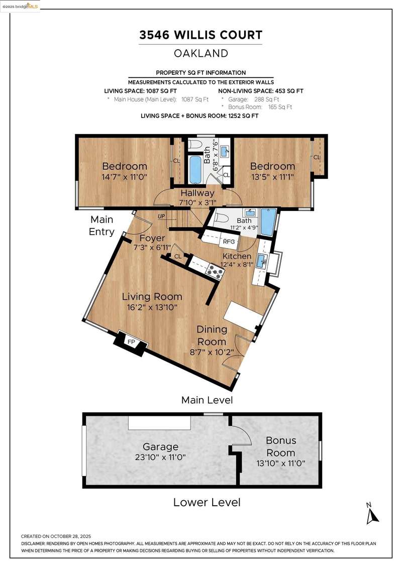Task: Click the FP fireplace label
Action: pos(131,342)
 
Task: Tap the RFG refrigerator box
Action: pos(229,242)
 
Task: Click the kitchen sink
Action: pos(262,260)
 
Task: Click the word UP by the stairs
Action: pos(161,216)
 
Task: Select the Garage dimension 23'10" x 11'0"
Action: pos(160,457)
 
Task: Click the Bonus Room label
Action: pos(281,446)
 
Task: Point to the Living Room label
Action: pos(152,297)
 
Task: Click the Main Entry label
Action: pos(102,225)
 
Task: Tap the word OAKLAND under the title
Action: pos(201,53)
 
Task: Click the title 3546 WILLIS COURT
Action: pos(201,35)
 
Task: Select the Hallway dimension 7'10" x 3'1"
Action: pos(197,202)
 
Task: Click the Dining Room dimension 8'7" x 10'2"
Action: pos(212,352)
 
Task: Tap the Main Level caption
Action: pos(207,400)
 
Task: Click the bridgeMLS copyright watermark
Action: pos(20,6)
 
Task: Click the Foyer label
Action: pos(152,238)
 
